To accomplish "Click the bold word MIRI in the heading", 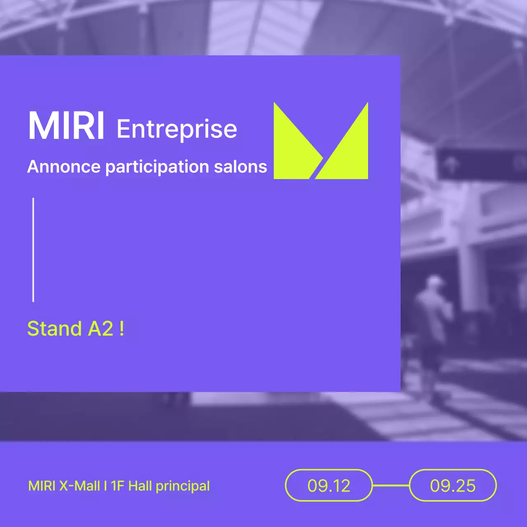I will point(66,126).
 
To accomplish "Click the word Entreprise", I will point(177,129).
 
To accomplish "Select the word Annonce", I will point(64,167).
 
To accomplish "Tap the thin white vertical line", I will point(33,250).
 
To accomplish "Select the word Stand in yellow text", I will point(54,329).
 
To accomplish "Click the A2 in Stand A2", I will point(100,329).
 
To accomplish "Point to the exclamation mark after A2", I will point(121,329).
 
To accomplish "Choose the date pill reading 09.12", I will point(329,485).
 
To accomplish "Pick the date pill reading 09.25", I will point(452,485).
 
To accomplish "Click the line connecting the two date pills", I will point(391,485).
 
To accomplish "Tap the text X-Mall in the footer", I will point(79,486).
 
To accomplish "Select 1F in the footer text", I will point(117,486).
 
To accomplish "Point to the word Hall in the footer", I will point(140,486).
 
